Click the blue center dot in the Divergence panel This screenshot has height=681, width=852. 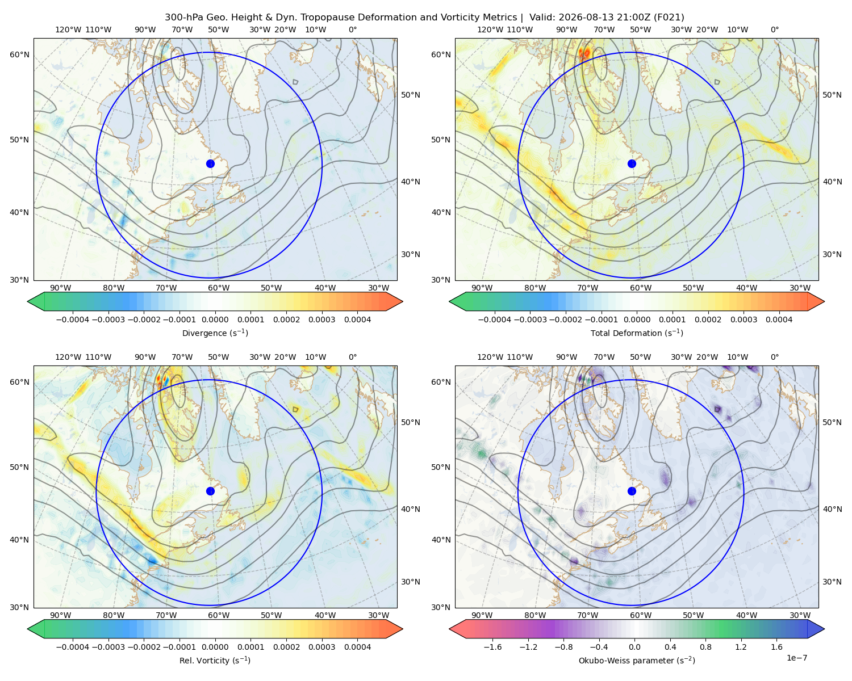pyautogui.click(x=210, y=164)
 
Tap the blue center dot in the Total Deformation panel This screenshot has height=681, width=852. pyautogui.click(x=632, y=164)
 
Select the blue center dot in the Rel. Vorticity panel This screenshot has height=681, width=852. pyautogui.click(x=210, y=491)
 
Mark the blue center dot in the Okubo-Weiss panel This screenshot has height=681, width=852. pyautogui.click(x=632, y=491)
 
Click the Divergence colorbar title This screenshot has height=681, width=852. pyautogui.click(x=215, y=333)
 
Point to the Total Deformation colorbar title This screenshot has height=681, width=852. pyautogui.click(x=637, y=333)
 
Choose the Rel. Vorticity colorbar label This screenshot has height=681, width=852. pyautogui.click(x=215, y=661)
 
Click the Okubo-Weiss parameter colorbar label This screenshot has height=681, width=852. pyautogui.click(x=637, y=661)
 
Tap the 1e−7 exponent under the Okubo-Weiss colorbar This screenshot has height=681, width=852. pyautogui.click(x=796, y=658)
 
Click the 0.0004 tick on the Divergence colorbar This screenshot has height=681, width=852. pyautogui.click(x=357, y=320)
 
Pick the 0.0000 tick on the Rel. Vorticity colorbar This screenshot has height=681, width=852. pyautogui.click(x=215, y=647)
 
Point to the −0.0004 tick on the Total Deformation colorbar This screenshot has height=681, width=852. pyautogui.click(x=494, y=320)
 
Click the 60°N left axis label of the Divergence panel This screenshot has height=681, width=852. pyautogui.click(x=19, y=54)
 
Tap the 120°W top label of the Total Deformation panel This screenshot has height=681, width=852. pyautogui.click(x=490, y=30)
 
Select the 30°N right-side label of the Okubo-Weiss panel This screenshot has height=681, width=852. pyautogui.click(x=832, y=582)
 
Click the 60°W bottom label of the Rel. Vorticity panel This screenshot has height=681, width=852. pyautogui.click(x=219, y=615)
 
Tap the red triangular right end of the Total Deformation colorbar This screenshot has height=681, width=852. pyautogui.click(x=816, y=301)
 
